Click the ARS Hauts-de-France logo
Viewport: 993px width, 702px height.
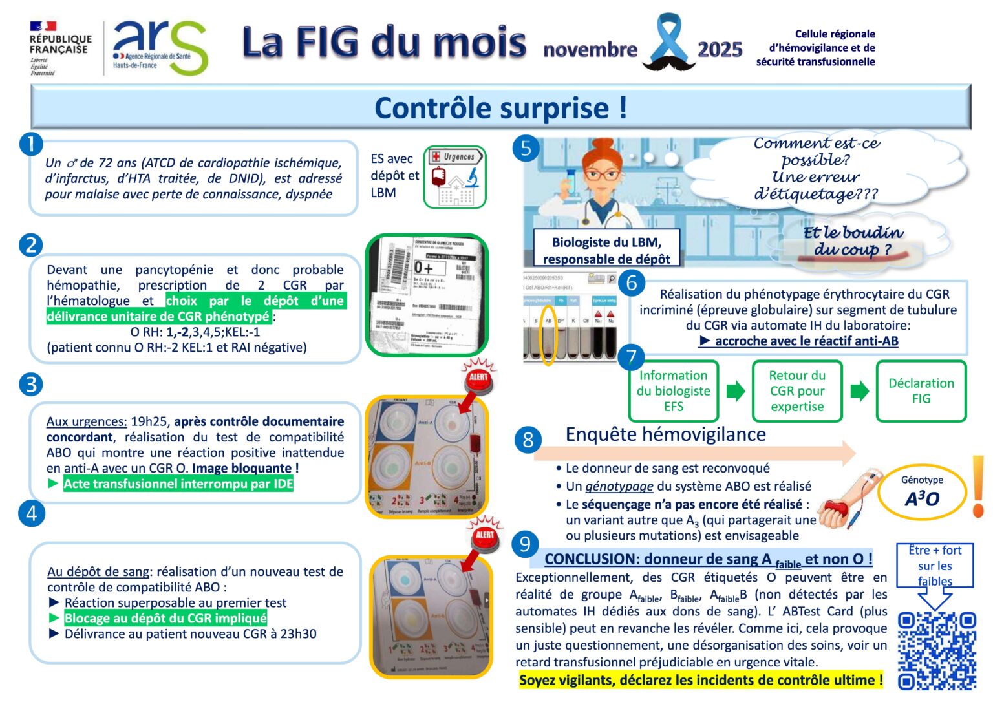click(159, 47)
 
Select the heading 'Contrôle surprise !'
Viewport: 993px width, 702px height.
click(500, 107)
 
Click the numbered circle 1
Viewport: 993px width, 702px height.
click(30, 144)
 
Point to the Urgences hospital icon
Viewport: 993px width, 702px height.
click(454, 176)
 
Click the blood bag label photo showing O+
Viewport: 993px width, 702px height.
click(427, 295)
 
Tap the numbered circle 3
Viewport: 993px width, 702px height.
click(30, 384)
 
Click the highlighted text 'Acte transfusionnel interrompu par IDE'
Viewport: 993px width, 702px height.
click(178, 484)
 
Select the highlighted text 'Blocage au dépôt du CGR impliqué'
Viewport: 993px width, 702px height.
click(165, 618)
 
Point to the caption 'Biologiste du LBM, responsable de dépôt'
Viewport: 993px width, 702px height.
click(606, 250)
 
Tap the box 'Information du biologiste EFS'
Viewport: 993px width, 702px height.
click(673, 391)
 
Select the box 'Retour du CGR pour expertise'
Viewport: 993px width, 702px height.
click(796, 391)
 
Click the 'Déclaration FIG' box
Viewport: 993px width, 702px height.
click(921, 391)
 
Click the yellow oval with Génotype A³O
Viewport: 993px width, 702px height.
click(921, 492)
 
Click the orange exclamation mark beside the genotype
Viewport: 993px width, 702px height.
click(977, 486)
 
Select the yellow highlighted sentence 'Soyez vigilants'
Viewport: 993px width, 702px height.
click(700, 680)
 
